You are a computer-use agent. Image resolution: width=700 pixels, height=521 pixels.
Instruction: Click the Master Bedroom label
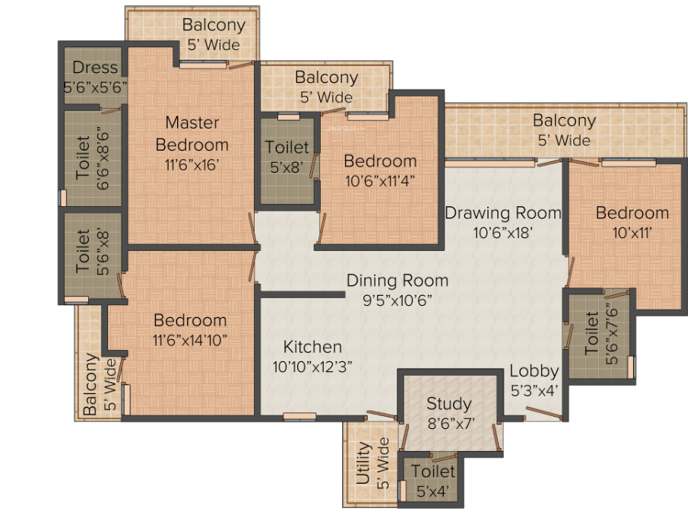click(x=192, y=134)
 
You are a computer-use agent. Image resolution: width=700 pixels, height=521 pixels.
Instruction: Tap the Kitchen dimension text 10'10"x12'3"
click(x=312, y=367)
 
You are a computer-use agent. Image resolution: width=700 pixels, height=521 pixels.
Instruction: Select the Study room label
click(x=449, y=404)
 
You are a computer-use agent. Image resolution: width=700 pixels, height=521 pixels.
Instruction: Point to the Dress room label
click(x=95, y=68)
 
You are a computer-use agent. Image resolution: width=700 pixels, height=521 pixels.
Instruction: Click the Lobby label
click(x=534, y=371)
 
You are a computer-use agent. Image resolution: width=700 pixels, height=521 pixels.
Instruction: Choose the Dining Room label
click(x=398, y=281)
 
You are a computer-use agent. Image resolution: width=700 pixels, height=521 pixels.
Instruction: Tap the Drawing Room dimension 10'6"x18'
click(x=503, y=233)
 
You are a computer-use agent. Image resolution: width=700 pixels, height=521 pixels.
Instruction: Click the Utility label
click(x=363, y=463)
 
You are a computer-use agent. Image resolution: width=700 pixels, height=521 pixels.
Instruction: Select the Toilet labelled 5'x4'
click(x=432, y=472)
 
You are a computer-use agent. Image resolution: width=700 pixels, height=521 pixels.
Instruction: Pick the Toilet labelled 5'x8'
click(x=287, y=147)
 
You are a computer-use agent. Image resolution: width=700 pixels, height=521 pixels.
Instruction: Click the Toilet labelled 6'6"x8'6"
click(x=83, y=157)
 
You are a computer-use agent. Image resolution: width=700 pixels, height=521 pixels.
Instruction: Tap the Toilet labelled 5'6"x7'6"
click(x=591, y=333)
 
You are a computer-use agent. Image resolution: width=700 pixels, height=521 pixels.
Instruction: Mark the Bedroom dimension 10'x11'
click(x=632, y=233)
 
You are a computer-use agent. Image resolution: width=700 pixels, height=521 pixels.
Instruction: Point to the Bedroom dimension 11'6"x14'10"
click(x=190, y=341)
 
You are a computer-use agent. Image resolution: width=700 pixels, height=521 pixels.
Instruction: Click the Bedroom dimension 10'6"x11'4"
click(x=380, y=181)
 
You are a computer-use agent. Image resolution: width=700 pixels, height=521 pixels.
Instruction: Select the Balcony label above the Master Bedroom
click(x=214, y=25)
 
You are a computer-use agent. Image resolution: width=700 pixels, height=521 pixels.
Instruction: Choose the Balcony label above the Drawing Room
click(x=564, y=120)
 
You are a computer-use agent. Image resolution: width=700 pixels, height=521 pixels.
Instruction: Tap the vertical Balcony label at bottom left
click(x=90, y=384)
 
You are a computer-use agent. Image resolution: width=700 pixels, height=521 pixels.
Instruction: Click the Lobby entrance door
click(x=543, y=413)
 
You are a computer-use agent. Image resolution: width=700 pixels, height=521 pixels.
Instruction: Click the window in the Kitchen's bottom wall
click(x=299, y=417)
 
